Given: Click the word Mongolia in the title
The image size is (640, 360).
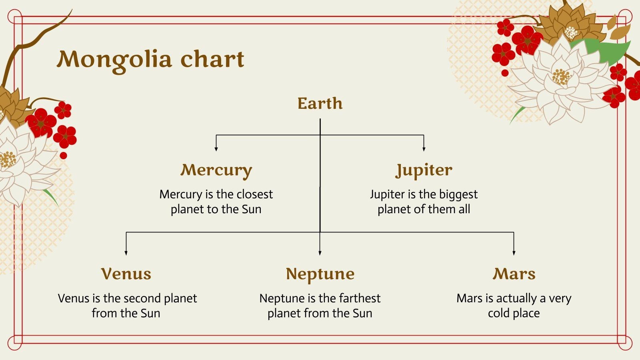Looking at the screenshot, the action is point(114,60).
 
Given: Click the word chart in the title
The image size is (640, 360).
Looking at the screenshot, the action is point(212,58).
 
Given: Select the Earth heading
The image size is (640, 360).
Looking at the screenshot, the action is point(320,103).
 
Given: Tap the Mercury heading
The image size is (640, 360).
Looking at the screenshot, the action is point(216,170).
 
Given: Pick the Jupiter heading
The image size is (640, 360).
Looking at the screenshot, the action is point(424,170).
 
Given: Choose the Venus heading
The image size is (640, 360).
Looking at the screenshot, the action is point(126,274).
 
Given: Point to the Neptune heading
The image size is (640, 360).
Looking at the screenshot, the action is point(320,274).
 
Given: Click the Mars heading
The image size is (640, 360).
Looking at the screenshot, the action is point(514,274).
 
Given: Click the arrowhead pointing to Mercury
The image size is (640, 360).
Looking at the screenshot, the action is point(216,149).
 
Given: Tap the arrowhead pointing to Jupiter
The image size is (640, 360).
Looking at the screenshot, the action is point(424,149).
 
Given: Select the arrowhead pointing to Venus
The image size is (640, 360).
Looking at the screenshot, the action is point(126,253).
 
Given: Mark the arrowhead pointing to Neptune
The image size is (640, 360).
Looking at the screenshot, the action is point(320,253).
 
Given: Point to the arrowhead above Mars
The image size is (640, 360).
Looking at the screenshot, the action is point(514,253).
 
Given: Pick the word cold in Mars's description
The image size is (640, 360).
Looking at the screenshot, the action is point(499,314).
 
